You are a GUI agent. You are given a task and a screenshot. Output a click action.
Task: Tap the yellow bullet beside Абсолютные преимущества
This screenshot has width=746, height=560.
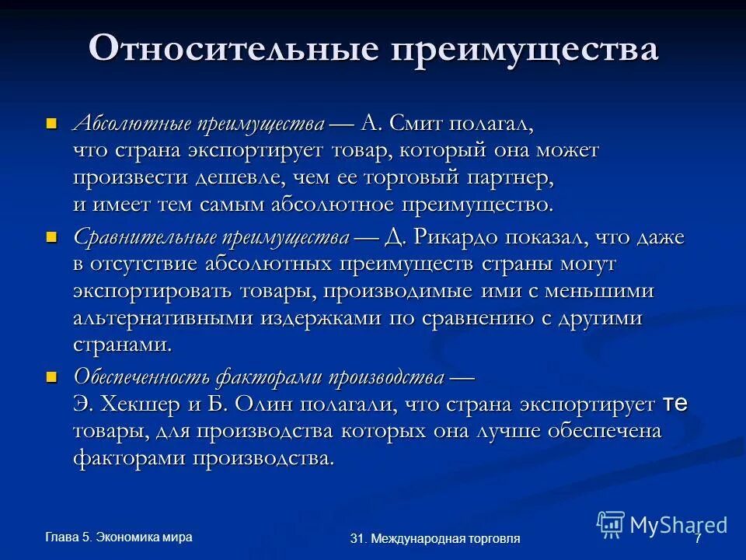coord(52,123)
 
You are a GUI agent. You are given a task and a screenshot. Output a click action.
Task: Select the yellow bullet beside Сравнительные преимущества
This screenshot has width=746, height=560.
coord(52,236)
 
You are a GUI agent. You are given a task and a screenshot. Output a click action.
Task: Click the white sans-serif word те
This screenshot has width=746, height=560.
coord(675,404)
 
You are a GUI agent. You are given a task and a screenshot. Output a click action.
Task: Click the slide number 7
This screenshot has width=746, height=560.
coord(698,538)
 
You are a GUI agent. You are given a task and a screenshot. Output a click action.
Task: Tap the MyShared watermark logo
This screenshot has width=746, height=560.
coord(662,524)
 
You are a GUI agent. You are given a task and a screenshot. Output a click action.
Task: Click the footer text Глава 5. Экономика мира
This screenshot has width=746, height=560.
coord(119,537)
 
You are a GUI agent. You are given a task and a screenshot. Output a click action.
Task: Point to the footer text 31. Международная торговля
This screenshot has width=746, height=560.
coord(435,538)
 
